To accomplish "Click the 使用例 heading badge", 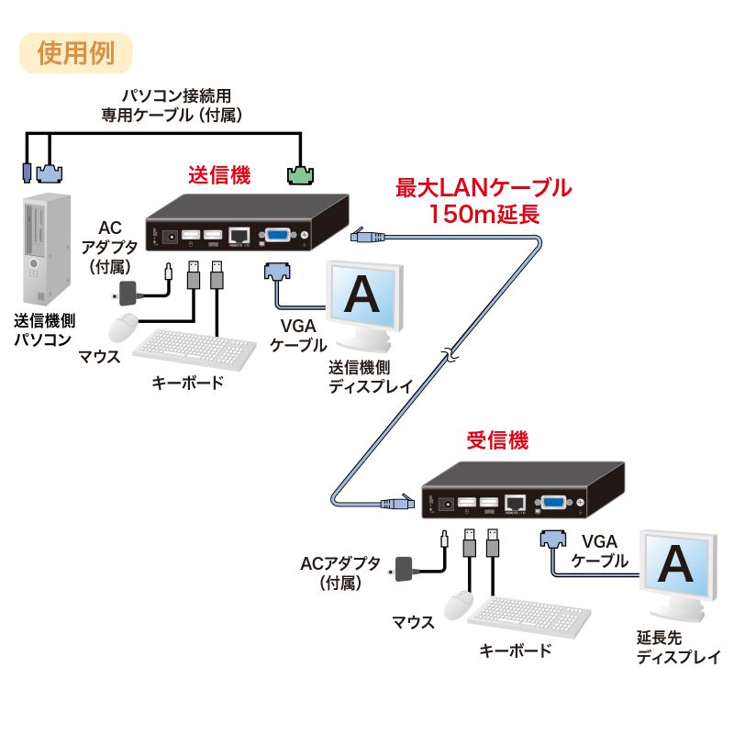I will coord(75,52).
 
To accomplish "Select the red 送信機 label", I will coord(218,173).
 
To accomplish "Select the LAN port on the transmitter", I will coord(239,236).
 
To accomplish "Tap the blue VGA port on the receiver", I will coord(553,503).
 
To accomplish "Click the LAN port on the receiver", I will coord(517,502).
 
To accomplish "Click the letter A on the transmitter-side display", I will coord(364,295).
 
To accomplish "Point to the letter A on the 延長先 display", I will coord(676,562).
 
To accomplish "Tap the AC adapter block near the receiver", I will coord(405,568).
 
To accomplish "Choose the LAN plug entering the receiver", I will coord(396,503).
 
